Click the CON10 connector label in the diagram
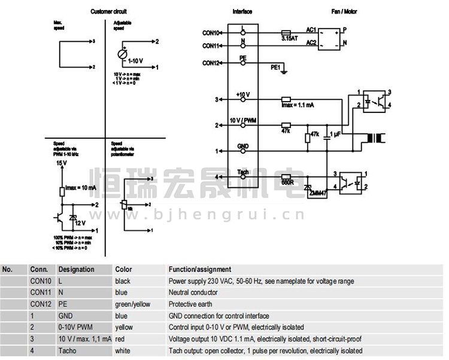click(211, 32)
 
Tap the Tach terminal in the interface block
click(243, 173)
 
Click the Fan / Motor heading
click(344, 11)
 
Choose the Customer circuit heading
click(108, 11)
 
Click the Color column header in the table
click(123, 270)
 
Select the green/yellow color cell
click(133, 304)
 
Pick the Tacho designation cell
click(67, 351)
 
